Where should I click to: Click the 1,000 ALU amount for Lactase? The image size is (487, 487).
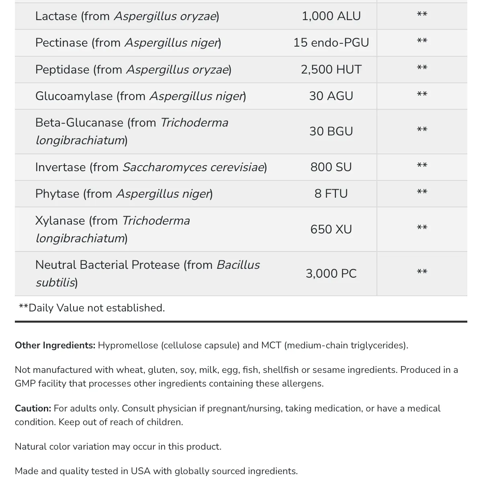tap(331, 16)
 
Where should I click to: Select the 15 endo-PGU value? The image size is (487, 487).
tap(331, 43)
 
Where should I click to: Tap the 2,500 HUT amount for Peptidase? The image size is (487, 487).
tap(331, 70)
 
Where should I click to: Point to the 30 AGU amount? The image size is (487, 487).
tap(331, 96)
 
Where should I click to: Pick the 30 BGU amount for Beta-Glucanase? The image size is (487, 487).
tap(331, 131)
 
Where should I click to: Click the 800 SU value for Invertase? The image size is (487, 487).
tap(331, 167)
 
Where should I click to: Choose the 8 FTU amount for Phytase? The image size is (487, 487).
tap(331, 194)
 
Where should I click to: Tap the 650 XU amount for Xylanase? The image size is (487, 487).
tap(331, 229)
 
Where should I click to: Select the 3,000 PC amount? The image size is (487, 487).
tap(331, 274)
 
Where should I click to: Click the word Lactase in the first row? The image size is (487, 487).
tap(56, 16)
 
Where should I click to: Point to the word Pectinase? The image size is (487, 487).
tap(61, 43)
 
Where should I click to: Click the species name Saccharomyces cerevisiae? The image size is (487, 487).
tap(193, 167)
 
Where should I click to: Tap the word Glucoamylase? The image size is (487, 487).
tap(74, 96)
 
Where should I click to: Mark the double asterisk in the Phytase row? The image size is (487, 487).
tap(422, 192)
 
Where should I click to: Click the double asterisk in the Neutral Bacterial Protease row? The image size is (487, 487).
tap(422, 272)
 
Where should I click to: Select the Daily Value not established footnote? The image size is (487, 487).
tap(92, 308)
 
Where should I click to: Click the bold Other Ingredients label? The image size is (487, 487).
tap(55, 346)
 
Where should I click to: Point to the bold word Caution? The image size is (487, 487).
tap(33, 409)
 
